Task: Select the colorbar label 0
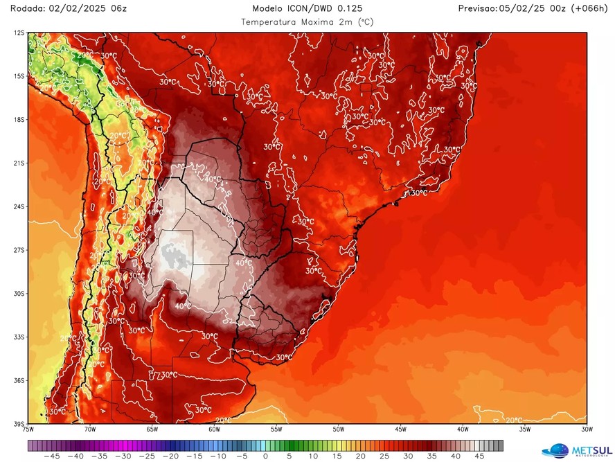265,456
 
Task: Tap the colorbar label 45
479,456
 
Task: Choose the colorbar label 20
361,456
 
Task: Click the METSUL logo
575,450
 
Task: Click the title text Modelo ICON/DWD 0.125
307,8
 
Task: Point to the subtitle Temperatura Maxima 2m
307,21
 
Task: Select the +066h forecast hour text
587,8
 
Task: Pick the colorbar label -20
170,456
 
